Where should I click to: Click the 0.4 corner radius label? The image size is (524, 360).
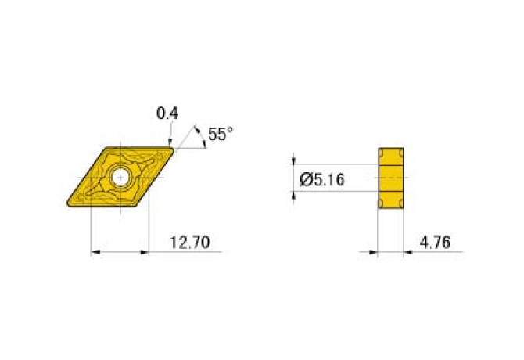167,113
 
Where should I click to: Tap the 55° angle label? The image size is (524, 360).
221,135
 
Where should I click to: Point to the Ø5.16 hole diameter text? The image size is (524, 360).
322,180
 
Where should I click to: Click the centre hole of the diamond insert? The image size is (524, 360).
120,178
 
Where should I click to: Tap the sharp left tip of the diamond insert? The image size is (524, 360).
67,207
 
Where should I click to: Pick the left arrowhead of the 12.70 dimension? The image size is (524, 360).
95,252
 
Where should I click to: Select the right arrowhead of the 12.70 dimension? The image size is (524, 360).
144,252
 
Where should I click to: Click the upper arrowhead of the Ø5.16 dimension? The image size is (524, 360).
294,159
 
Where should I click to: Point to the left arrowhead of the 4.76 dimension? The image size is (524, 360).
373,252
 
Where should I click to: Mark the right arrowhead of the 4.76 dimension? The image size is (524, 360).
409,252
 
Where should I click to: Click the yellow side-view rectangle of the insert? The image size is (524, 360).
391,178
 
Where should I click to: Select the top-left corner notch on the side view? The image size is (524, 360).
381,151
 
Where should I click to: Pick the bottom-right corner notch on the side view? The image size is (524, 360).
401,205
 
